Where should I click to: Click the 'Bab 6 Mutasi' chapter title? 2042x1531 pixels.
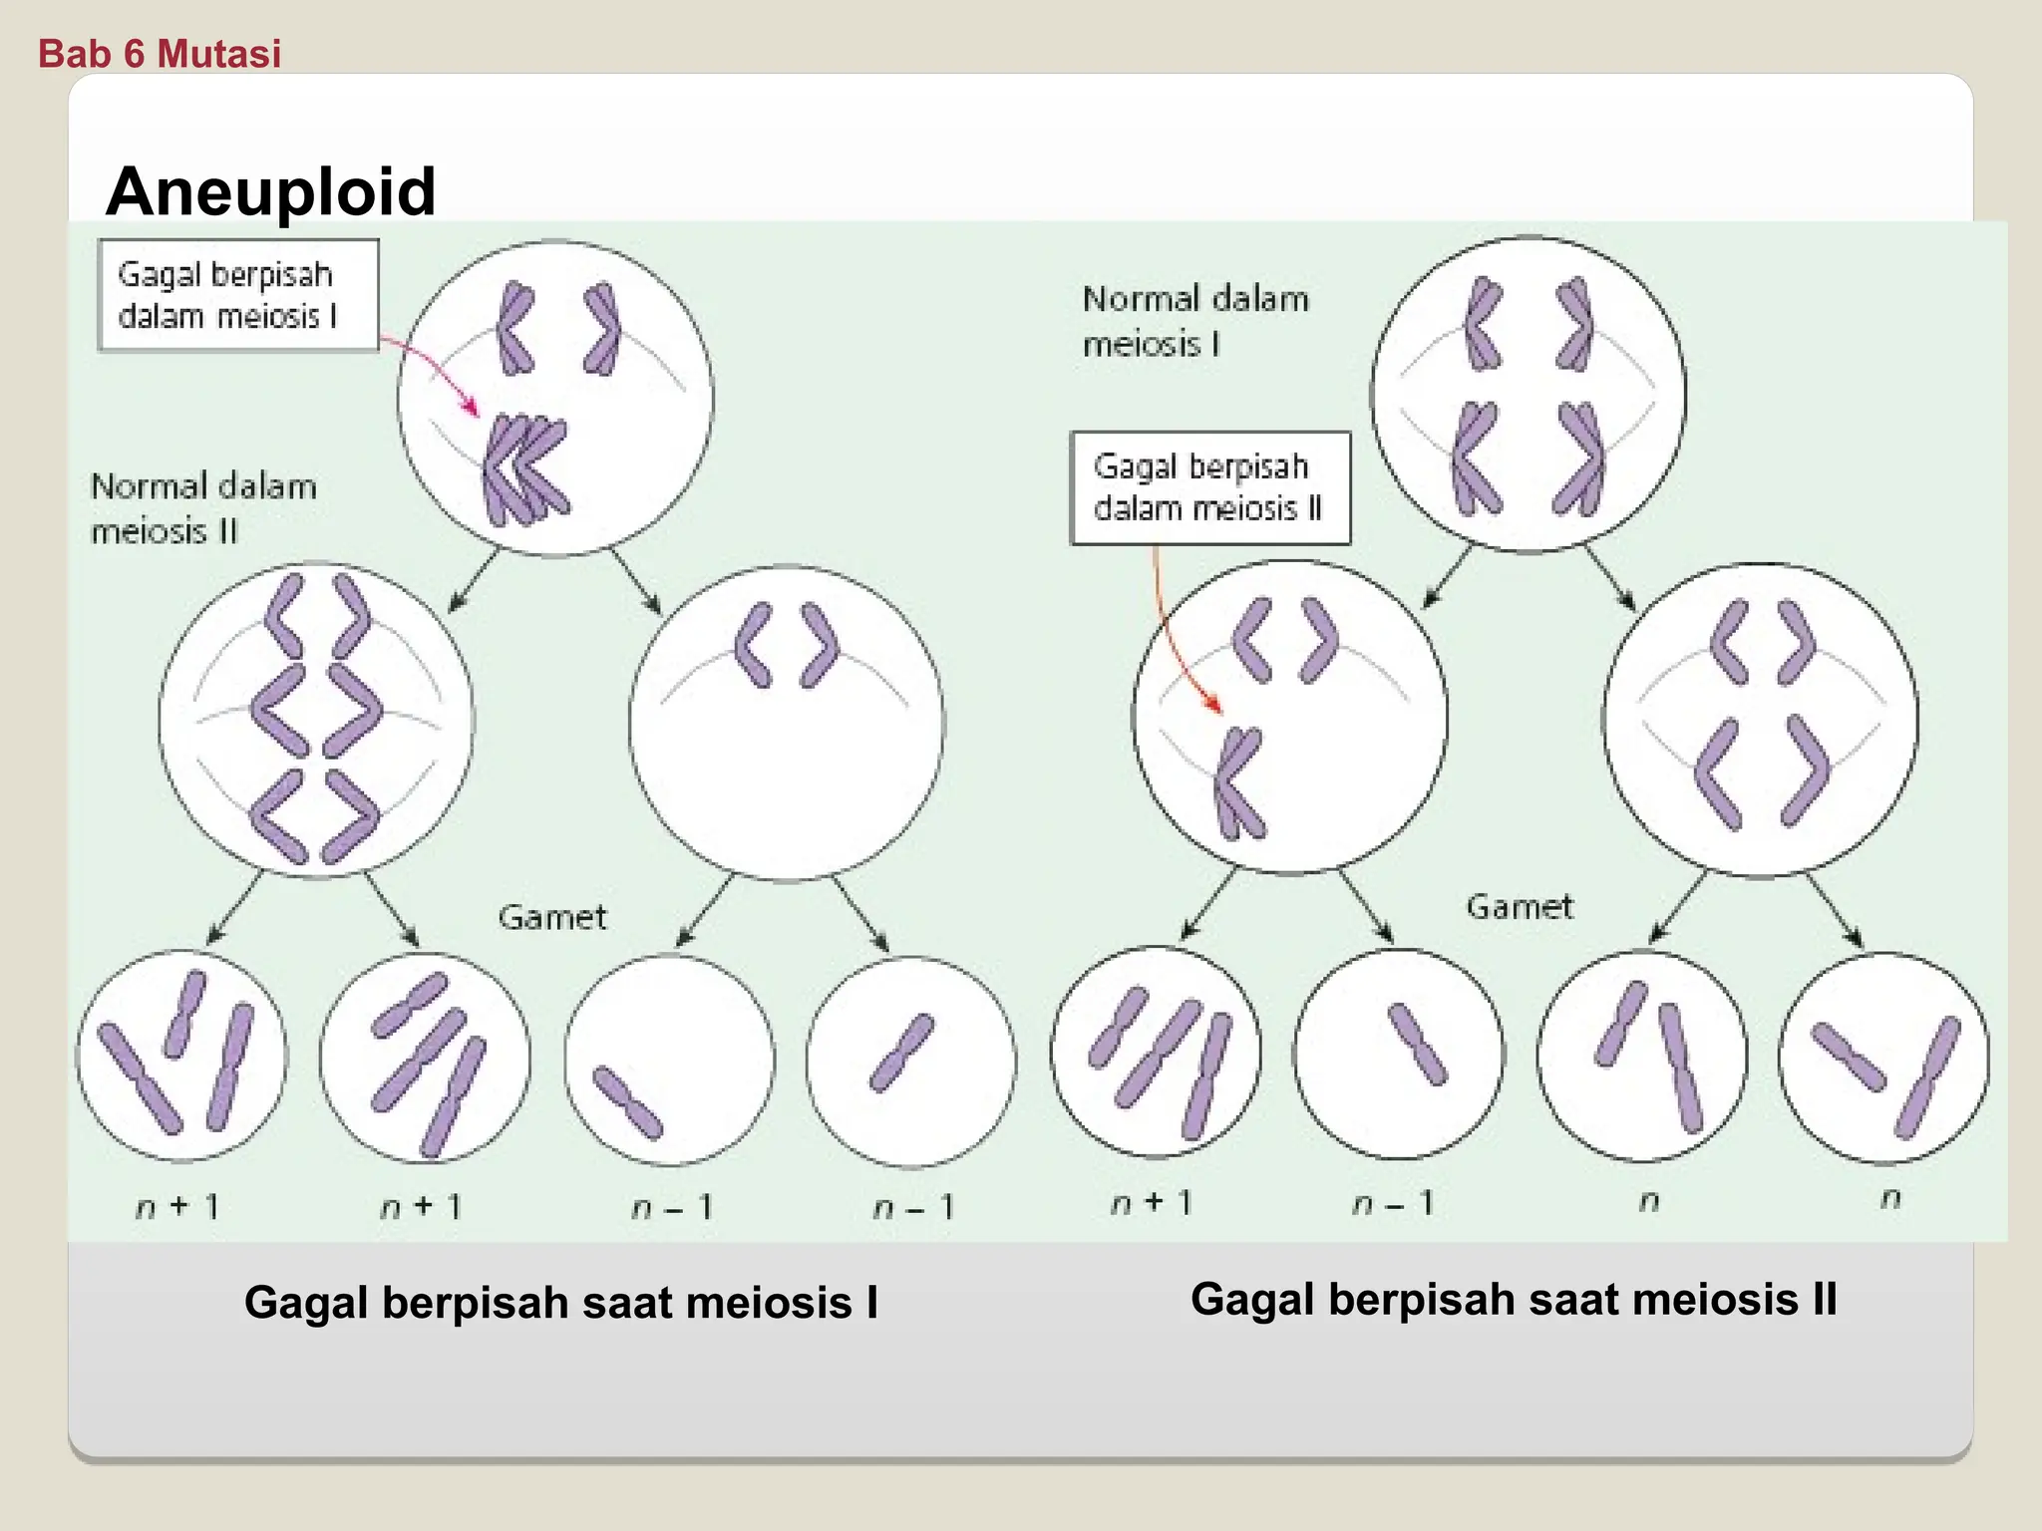[x=160, y=53]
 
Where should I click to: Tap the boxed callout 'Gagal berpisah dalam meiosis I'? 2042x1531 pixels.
[x=238, y=295]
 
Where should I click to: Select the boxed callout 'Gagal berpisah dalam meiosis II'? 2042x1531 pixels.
[x=1209, y=488]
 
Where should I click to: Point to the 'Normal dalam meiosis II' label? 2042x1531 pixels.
[x=203, y=508]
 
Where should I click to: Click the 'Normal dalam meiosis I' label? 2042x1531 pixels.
[x=1194, y=321]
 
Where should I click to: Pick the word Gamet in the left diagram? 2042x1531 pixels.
[x=551, y=917]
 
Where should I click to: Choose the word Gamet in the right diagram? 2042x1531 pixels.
[x=1519, y=907]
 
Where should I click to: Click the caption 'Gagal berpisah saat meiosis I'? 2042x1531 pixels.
[x=561, y=1303]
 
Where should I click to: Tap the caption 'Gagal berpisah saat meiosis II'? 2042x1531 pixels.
[x=1514, y=1300]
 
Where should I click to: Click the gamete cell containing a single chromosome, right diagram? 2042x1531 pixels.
[x=1398, y=1054]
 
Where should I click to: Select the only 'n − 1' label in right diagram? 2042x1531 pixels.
[x=1393, y=1204]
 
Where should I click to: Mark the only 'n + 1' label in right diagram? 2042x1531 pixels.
[x=1152, y=1203]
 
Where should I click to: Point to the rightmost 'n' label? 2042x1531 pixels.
[x=1890, y=1199]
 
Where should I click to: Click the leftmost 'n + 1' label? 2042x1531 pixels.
[x=177, y=1207]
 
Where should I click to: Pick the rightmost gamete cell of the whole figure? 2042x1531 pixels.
[x=1883, y=1058]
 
